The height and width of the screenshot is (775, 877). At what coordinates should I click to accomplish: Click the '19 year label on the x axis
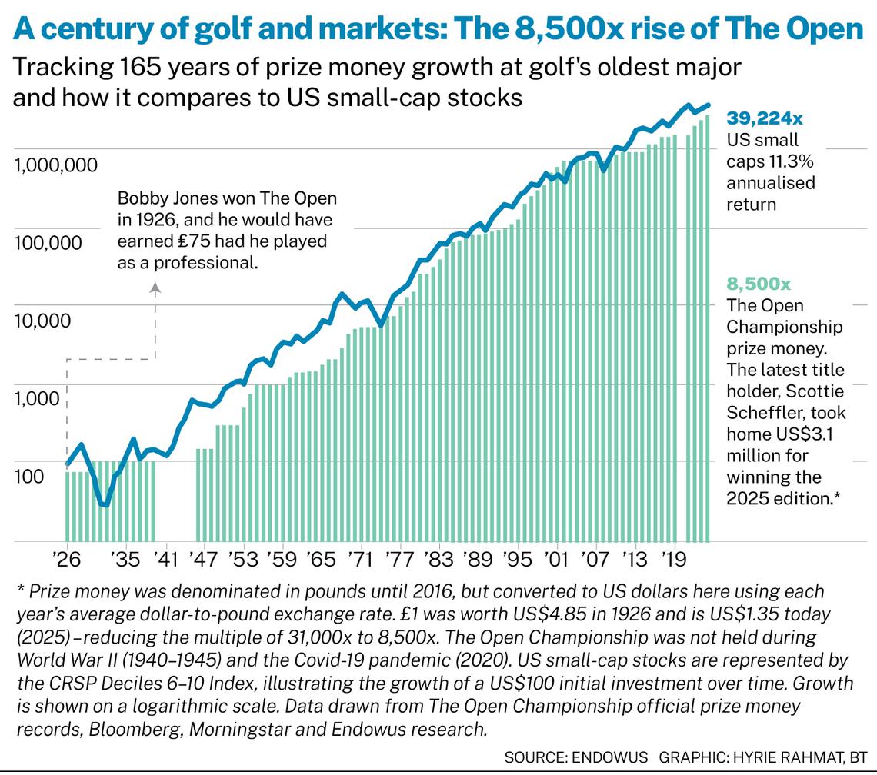tap(674, 556)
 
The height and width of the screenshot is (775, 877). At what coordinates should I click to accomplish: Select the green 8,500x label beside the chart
tap(759, 284)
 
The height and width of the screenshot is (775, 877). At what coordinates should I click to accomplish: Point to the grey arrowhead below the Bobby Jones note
tap(155, 289)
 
